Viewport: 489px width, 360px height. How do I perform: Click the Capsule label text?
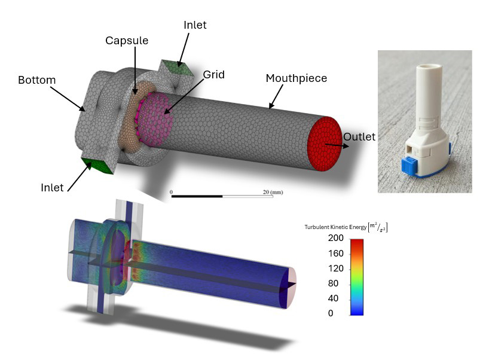127,41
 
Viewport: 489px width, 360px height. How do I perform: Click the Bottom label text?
36,80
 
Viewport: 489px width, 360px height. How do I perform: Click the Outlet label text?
359,137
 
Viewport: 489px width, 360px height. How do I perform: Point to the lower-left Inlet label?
51,188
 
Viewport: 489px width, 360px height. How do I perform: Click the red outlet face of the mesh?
323,144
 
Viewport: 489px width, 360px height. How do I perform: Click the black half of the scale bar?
197,196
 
